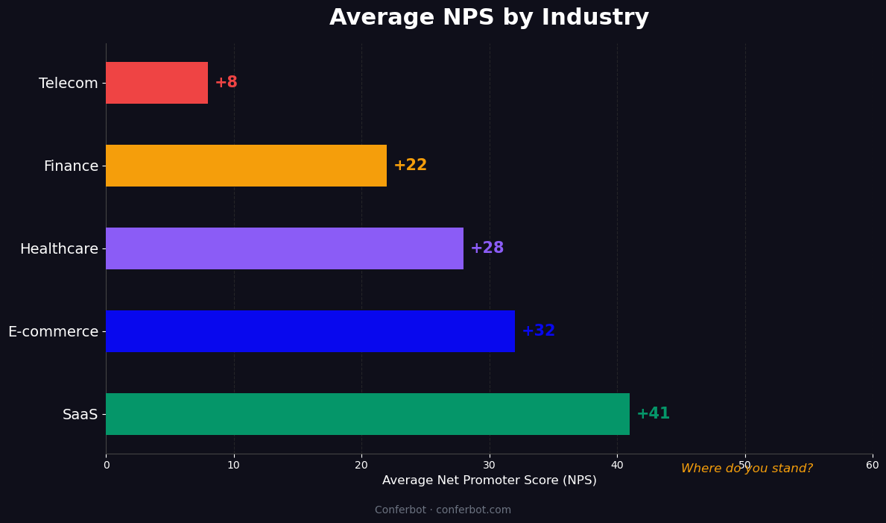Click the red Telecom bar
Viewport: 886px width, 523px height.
[x=156, y=83]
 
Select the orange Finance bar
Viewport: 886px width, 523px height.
[x=246, y=166]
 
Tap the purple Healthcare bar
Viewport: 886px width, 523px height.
[x=285, y=248]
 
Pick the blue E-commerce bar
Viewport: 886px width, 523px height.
[x=310, y=331]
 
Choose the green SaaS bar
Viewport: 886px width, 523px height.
[x=367, y=414]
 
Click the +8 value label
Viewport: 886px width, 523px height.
[x=226, y=83]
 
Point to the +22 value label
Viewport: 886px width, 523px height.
[x=410, y=166]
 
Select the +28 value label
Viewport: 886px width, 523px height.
[x=487, y=248]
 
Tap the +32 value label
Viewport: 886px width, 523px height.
[x=538, y=331]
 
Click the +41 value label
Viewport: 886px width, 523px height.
[x=653, y=414]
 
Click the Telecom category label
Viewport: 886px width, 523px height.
[x=68, y=84]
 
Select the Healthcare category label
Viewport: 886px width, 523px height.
[x=59, y=249]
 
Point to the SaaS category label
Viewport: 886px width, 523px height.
[x=80, y=415]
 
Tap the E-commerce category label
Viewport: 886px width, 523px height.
[x=53, y=332]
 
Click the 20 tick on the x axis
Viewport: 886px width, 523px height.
[x=361, y=466]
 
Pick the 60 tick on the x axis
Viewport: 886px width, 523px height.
[x=872, y=466]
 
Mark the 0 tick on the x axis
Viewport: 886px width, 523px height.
[x=106, y=466]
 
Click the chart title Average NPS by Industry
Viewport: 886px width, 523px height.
[x=489, y=18]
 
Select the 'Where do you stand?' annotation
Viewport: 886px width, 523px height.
[x=747, y=469]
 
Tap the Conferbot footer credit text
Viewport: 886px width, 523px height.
[x=443, y=510]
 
